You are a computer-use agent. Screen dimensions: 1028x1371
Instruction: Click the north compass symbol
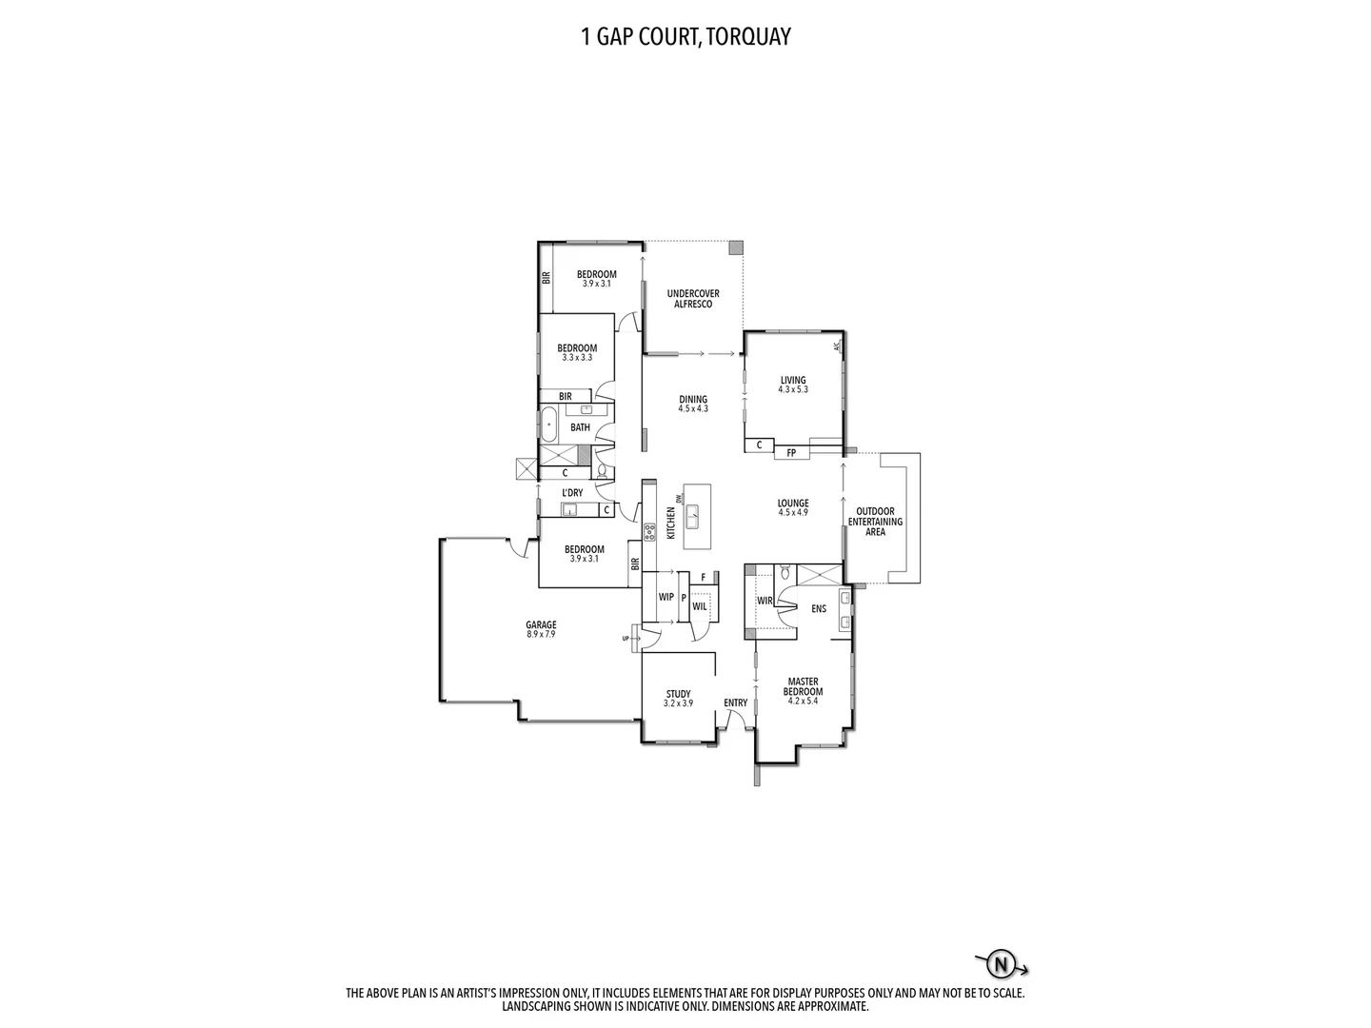[x=1000, y=965]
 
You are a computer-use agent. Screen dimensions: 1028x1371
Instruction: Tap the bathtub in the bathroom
[x=549, y=425]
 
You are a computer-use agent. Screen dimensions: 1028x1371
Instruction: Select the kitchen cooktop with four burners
[x=649, y=532]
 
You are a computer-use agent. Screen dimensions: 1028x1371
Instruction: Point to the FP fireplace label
[x=791, y=453]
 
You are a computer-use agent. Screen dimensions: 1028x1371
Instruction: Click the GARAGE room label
[x=541, y=625]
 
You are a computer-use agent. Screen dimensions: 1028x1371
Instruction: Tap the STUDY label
[x=678, y=694]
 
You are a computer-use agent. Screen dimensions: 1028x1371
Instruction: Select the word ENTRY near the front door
[x=735, y=703]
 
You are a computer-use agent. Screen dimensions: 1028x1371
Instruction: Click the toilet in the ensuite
[x=785, y=573]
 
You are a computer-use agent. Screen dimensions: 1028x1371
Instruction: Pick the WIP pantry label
[x=666, y=598]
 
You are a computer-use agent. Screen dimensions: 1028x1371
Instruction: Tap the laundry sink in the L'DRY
[x=569, y=510]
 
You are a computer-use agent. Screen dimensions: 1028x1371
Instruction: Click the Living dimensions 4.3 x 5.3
[x=792, y=389]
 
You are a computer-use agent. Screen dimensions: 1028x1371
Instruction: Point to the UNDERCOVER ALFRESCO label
[x=693, y=299]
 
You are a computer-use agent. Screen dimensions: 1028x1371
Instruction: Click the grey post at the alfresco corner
[x=736, y=247]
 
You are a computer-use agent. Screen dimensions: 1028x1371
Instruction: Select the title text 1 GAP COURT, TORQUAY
[x=685, y=37]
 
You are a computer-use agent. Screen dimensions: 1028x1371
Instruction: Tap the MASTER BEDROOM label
[x=803, y=686]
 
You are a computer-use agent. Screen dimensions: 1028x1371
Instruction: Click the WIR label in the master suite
[x=764, y=601]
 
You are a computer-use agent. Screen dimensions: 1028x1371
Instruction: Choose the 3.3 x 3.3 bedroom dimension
[x=577, y=357]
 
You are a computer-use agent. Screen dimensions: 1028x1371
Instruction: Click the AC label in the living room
[x=837, y=346]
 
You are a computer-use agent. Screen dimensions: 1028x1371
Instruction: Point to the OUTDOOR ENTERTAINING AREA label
[x=875, y=522]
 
